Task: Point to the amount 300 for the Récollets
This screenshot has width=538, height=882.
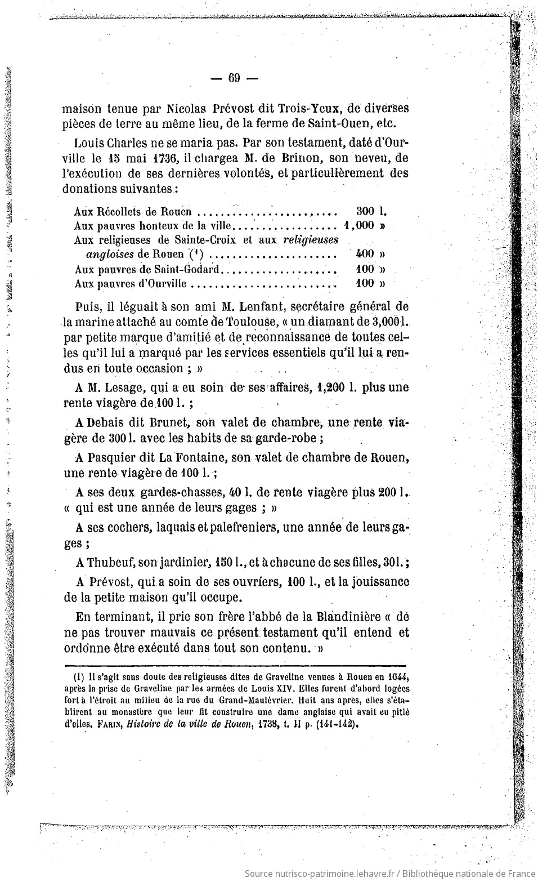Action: point(365,212)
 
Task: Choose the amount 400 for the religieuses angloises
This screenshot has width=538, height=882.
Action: point(365,254)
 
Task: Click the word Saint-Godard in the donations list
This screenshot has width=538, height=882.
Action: point(187,269)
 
